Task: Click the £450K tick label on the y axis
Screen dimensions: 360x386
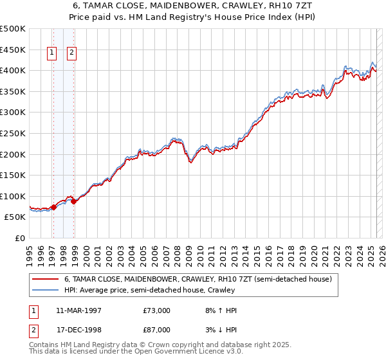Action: coord(13,50)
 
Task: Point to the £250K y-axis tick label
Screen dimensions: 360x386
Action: coord(13,134)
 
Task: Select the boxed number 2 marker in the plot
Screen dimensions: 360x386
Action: coord(71,53)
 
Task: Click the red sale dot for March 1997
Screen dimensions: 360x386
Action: coord(54,207)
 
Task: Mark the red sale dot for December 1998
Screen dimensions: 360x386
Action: coord(74,201)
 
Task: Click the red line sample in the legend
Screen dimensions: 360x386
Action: coord(46,279)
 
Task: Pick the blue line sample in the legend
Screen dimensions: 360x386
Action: coord(46,290)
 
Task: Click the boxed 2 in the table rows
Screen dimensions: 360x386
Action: coord(33,330)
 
